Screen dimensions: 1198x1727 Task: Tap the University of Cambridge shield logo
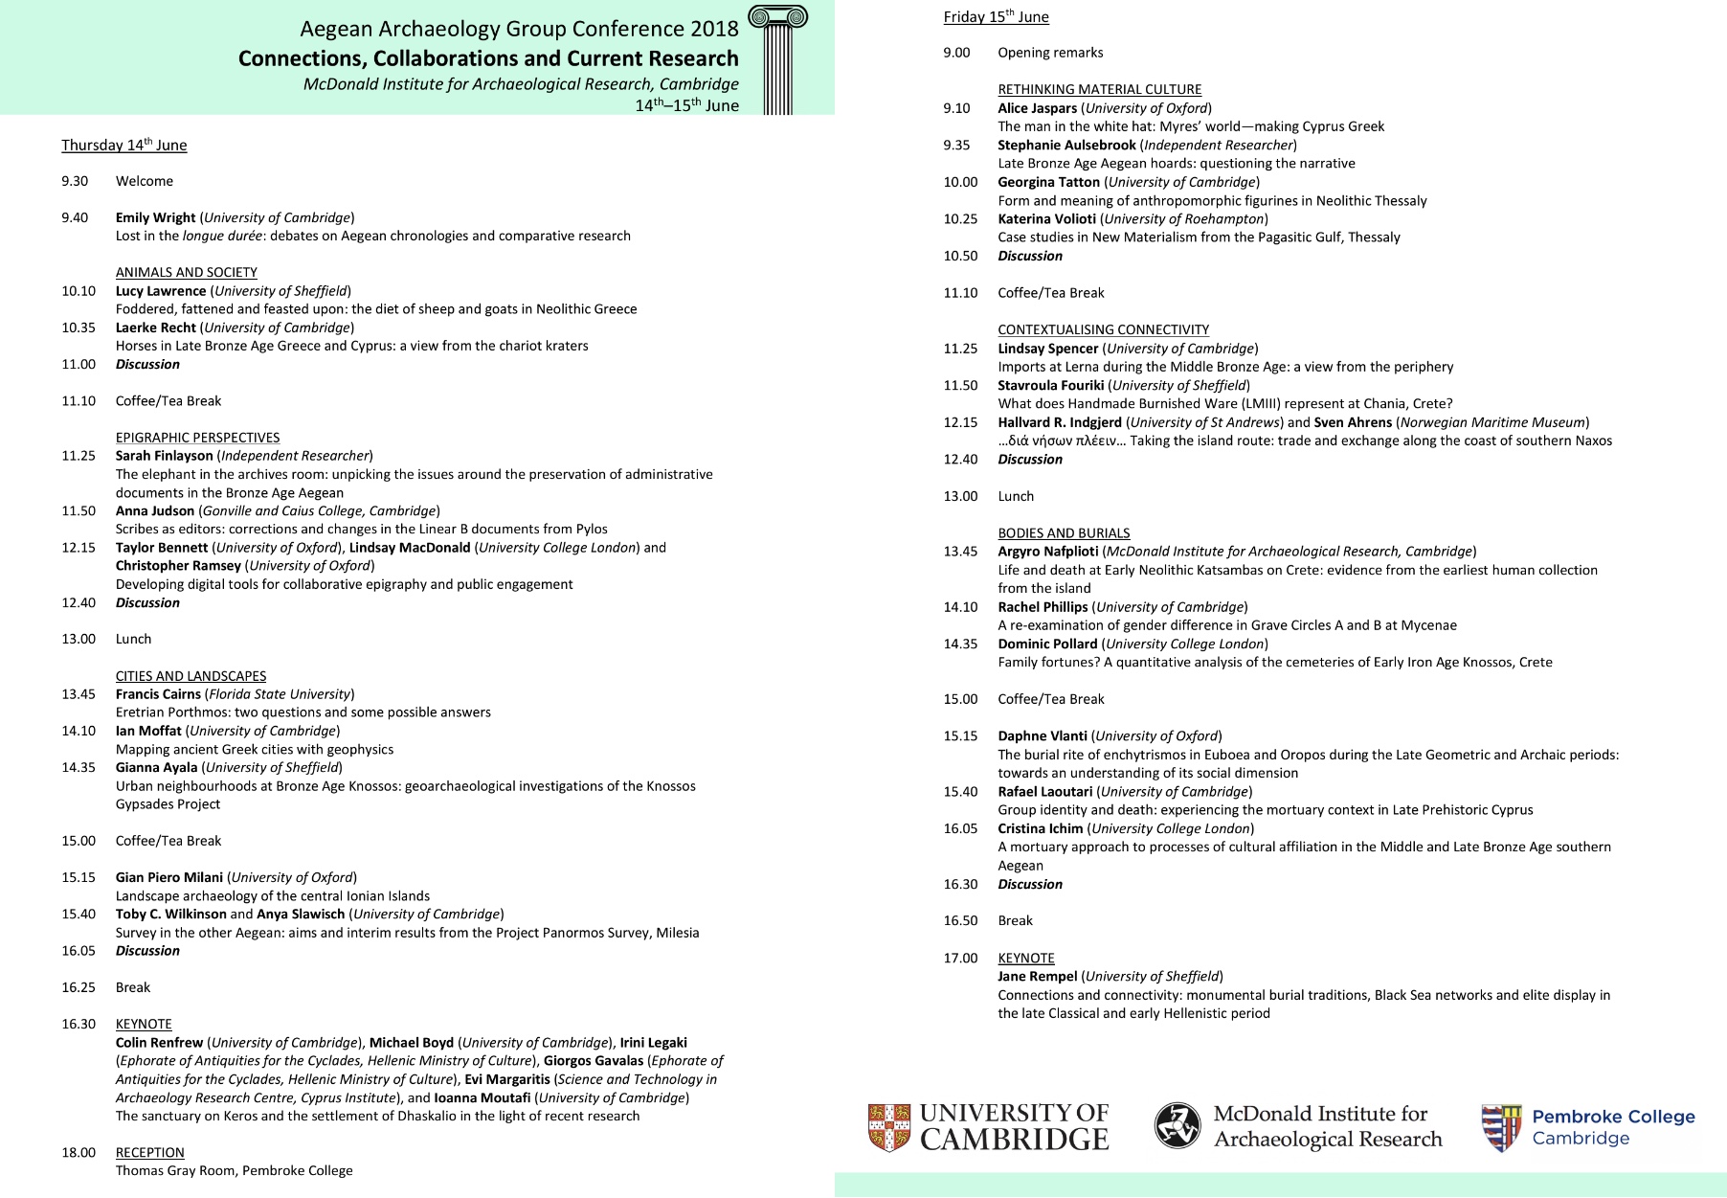[x=888, y=1126]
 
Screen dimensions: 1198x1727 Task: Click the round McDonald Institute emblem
[x=1177, y=1125]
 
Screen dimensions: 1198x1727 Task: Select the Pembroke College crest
[x=1500, y=1127]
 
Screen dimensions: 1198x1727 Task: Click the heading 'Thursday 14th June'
[x=124, y=146]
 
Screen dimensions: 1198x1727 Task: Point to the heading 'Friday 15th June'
[x=996, y=17]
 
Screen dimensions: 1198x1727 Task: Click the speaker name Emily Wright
[x=155, y=218]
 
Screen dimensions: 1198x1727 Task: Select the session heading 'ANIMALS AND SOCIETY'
[x=187, y=273]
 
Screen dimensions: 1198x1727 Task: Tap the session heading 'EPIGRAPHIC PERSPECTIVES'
[x=198, y=438]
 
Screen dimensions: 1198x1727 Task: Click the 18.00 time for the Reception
[x=78, y=1153]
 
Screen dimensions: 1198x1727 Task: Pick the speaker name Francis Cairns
[x=158, y=694]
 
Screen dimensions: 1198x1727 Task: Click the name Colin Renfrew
[x=159, y=1043]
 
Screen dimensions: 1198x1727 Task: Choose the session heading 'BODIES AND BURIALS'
[x=1064, y=533]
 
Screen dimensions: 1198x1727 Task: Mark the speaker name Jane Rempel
[x=1037, y=977]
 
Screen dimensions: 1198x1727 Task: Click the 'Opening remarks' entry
[x=1050, y=53]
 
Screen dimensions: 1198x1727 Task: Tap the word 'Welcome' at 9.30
[x=145, y=182]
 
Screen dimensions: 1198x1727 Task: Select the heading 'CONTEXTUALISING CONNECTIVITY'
[x=1103, y=330]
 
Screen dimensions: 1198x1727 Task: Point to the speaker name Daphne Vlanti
[x=1042, y=736]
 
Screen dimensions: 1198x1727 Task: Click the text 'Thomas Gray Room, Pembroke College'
[x=235, y=1171]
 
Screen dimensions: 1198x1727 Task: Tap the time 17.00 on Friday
[x=960, y=959]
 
